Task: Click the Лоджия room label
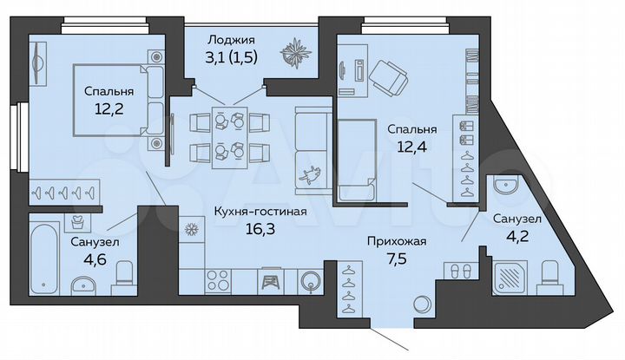coord(231,39)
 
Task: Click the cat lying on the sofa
coord(308,174)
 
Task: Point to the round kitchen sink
coord(310,280)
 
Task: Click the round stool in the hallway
coord(422,304)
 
